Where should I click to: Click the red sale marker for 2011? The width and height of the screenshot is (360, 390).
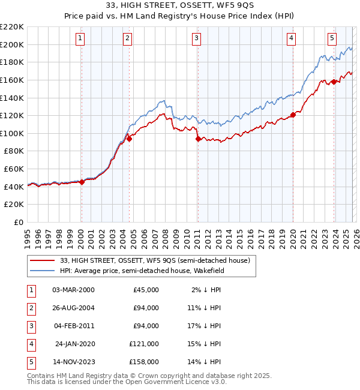click(x=197, y=139)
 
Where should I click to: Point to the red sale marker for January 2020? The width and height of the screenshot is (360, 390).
click(x=293, y=115)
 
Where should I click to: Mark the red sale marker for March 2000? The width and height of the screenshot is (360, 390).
click(x=82, y=182)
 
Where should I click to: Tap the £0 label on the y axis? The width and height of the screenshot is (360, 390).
click(x=17, y=222)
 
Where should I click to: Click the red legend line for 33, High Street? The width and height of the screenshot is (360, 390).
click(x=43, y=260)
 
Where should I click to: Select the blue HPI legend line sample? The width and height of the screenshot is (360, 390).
click(x=43, y=271)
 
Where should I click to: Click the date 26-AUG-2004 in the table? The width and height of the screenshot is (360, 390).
click(x=73, y=308)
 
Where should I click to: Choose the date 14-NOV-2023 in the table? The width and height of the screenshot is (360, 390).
click(x=73, y=362)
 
